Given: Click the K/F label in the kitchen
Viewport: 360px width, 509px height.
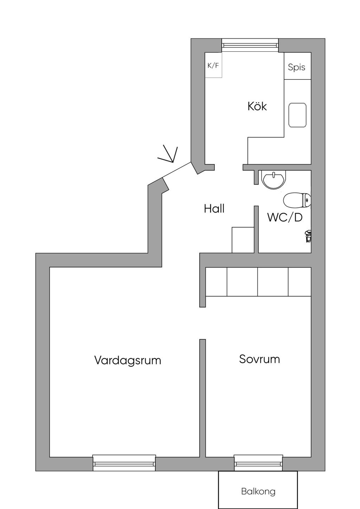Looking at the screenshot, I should pyautogui.click(x=213, y=65).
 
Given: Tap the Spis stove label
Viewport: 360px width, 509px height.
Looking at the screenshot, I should pyautogui.click(x=296, y=67).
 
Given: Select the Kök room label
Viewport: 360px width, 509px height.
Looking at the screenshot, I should pyautogui.click(x=257, y=106).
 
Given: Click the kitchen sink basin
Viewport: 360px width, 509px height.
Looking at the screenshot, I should pyautogui.click(x=297, y=115).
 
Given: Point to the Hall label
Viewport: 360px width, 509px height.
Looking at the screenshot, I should pyautogui.click(x=214, y=209).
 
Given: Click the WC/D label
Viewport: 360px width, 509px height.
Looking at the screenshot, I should pyautogui.click(x=285, y=217).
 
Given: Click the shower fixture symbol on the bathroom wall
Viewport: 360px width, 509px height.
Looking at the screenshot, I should pyautogui.click(x=308, y=236).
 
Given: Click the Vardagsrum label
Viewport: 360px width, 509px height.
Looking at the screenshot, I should pyautogui.click(x=128, y=360).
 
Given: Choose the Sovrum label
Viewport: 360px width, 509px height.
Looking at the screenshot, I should pyautogui.click(x=259, y=359).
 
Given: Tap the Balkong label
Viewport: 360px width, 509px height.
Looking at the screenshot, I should pyautogui.click(x=258, y=491).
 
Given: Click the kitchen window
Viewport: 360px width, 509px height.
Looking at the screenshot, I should pyautogui.click(x=250, y=45).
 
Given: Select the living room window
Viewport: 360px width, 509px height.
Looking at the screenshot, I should pyautogui.click(x=124, y=463).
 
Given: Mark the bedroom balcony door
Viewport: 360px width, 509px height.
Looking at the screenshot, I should pyautogui.click(x=258, y=463).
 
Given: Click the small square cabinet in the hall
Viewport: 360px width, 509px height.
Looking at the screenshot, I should pyautogui.click(x=243, y=240).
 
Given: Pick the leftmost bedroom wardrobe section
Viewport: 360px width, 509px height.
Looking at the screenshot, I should pyautogui.click(x=216, y=282).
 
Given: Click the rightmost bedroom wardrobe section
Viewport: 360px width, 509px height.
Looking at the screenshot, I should pyautogui.click(x=300, y=282).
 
